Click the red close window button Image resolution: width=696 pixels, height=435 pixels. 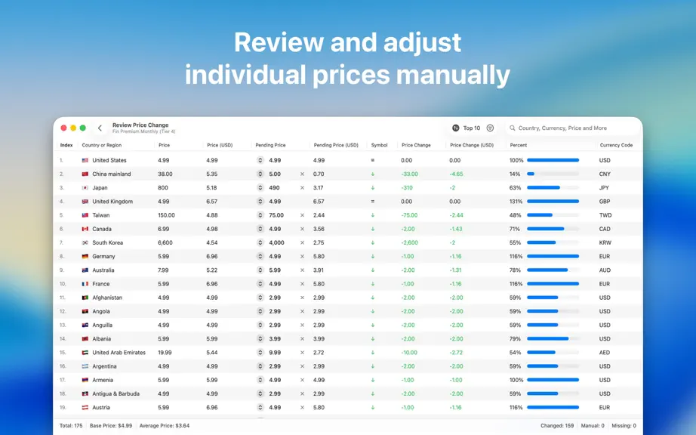(63, 128)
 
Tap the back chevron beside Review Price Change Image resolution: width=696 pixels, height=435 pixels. (100, 128)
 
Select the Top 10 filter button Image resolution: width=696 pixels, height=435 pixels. (466, 128)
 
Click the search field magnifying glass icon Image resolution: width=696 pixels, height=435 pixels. (513, 128)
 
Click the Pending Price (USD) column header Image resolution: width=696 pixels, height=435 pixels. (336, 145)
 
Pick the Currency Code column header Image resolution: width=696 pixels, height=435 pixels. (616, 145)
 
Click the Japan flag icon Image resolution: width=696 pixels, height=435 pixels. (85, 188)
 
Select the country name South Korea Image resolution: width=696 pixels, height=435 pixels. (107, 243)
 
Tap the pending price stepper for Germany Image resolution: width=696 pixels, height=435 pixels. (260, 257)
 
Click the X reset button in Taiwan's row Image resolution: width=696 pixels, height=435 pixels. (302, 215)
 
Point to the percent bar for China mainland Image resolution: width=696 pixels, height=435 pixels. (553, 174)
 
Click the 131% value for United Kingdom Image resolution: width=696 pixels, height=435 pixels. (516, 202)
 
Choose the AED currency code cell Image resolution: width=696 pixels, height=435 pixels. (605, 353)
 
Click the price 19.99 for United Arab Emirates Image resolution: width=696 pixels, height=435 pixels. (165, 353)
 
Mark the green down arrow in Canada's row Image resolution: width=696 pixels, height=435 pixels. (373, 229)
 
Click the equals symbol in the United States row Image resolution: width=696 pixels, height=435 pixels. (373, 160)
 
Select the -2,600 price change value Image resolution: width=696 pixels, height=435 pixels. (409, 243)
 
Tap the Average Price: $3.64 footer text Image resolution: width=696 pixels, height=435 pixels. (165, 426)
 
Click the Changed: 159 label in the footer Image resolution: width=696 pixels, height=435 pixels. (557, 426)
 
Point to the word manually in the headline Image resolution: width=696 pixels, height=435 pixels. (453, 75)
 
